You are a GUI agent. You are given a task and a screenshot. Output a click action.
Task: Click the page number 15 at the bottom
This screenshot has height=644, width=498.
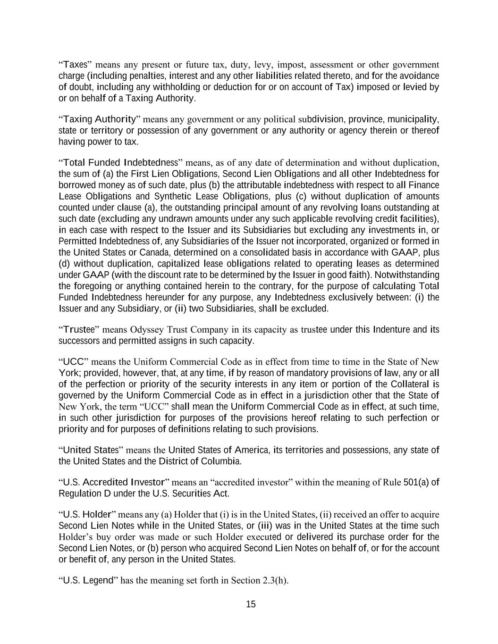click(251, 604)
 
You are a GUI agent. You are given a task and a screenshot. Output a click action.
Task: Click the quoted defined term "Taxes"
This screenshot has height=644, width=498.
click(75, 65)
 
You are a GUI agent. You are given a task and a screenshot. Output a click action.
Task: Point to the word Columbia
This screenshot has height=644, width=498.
click(220, 461)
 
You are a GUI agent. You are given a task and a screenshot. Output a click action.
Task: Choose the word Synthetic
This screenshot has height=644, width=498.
click(156, 196)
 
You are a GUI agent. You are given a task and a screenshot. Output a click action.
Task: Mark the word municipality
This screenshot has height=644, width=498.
click(412, 119)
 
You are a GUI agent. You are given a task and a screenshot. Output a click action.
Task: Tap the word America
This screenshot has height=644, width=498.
click(251, 450)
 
